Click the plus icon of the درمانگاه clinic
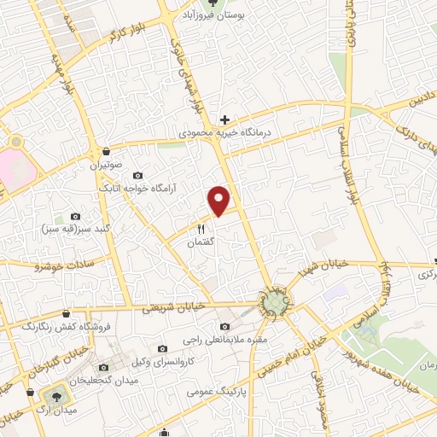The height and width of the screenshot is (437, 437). [224, 119]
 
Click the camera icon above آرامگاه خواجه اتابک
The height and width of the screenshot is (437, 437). [138, 175]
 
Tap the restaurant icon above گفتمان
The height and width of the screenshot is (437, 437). [202, 228]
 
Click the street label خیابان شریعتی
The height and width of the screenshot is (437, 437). [167, 306]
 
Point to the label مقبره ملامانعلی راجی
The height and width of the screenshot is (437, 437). [224, 340]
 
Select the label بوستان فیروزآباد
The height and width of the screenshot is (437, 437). [212, 16]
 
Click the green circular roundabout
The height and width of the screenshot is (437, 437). [274, 302]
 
